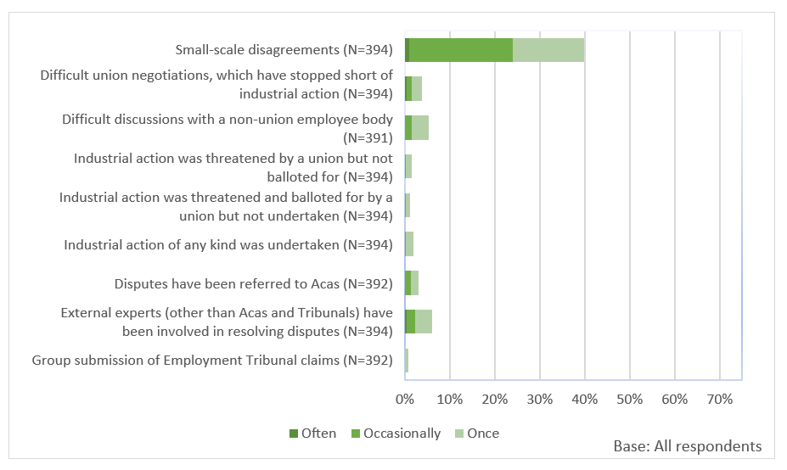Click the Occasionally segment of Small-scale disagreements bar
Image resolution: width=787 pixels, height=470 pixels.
click(x=460, y=50)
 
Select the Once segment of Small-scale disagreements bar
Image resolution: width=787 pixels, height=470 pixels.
click(x=548, y=50)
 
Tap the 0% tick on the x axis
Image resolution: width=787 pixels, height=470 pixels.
click(x=405, y=399)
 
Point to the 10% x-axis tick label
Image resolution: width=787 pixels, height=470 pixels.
click(x=450, y=399)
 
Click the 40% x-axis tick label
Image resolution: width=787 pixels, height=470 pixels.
click(x=585, y=399)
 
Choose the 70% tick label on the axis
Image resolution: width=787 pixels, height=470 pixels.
click(x=719, y=399)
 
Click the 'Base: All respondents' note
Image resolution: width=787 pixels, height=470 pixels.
click(x=687, y=446)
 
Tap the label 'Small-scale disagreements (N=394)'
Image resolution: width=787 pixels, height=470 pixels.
click(x=284, y=50)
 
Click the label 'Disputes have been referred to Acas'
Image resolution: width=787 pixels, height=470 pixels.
click(x=254, y=284)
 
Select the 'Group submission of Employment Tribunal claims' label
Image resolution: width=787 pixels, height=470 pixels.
click(x=212, y=361)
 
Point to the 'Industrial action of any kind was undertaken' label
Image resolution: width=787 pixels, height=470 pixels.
click(x=228, y=245)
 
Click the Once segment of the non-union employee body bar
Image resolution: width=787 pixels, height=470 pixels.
click(x=420, y=128)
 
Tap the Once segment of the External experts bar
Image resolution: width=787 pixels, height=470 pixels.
click(x=424, y=322)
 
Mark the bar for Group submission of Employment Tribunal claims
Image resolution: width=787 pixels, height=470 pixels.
click(x=407, y=361)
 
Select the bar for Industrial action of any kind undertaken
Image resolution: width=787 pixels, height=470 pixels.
click(x=409, y=245)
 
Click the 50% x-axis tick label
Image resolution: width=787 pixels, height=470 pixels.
click(x=629, y=399)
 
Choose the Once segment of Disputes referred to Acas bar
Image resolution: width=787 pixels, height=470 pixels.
click(x=414, y=284)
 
